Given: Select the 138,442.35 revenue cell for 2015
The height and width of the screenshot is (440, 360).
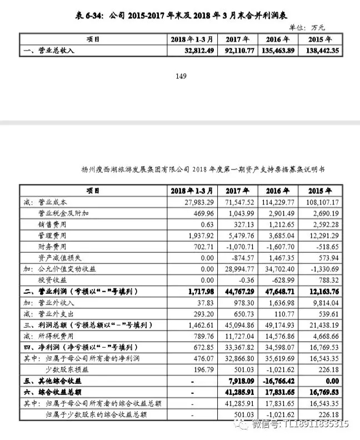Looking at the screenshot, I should point(320,51).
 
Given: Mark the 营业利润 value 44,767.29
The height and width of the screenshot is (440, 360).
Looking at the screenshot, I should point(239,292).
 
